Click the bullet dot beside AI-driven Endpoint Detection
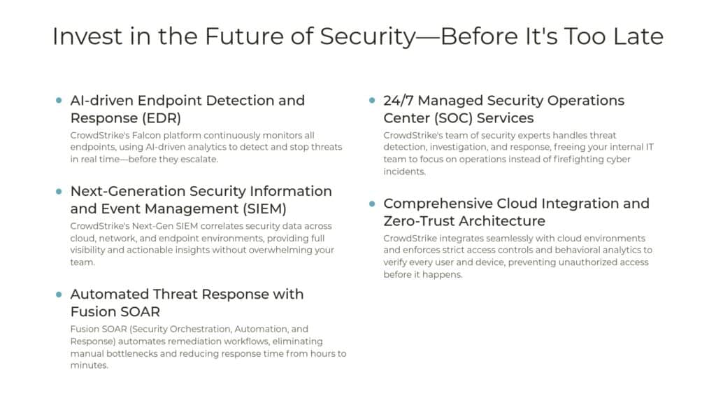[x=59, y=101]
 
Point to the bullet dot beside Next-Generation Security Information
[x=59, y=192]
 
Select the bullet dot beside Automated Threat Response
[x=59, y=295]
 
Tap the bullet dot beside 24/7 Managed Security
[x=373, y=101]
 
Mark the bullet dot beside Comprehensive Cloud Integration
[x=373, y=204]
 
